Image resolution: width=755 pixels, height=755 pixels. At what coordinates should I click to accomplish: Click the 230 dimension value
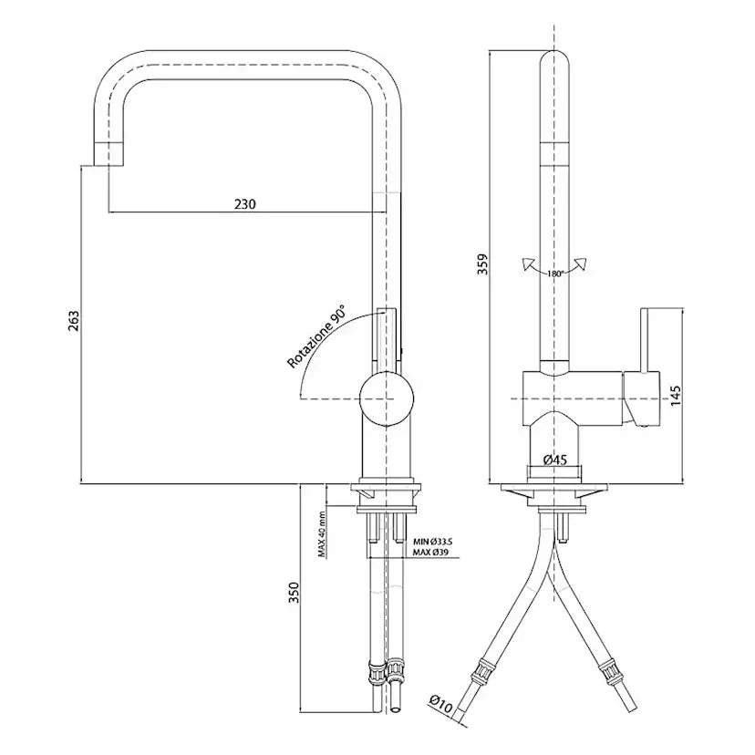tap(243, 204)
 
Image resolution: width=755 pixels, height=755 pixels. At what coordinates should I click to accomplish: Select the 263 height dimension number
tap(75, 321)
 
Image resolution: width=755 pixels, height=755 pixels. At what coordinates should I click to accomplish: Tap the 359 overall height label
tap(483, 263)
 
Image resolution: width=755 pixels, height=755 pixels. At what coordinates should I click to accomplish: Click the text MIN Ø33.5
tap(432, 542)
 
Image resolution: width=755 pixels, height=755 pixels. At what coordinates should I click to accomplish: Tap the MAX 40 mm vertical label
tap(322, 533)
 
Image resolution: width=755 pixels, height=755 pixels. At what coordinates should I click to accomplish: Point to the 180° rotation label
tap(555, 273)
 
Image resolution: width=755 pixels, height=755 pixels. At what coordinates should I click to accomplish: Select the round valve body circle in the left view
tap(387, 398)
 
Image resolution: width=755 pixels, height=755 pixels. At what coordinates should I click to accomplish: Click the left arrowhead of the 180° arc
tap(526, 264)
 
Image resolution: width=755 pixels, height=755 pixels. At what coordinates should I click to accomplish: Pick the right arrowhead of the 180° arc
tap(584, 264)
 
